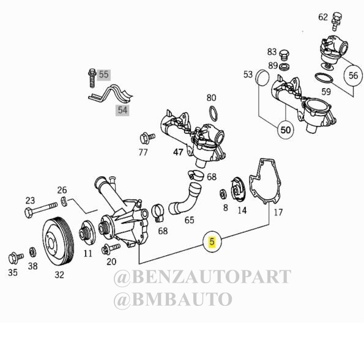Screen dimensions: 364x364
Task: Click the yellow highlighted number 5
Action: [212, 242]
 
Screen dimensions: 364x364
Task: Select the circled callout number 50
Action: [286, 130]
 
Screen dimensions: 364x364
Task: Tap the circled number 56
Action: [353, 75]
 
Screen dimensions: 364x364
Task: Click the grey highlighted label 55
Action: [104, 75]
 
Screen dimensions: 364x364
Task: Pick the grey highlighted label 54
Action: [122, 110]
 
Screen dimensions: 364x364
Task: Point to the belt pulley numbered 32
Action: [58, 241]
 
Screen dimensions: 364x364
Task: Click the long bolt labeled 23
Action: [40, 210]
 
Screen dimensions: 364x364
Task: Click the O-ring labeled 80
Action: [214, 114]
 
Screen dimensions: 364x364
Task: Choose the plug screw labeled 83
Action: [284, 55]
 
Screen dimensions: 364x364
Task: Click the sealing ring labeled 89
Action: [284, 67]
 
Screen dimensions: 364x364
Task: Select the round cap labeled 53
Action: [262, 78]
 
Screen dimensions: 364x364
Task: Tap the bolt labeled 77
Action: [147, 138]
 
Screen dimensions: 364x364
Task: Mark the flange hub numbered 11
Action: [87, 233]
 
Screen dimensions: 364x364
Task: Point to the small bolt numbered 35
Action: [16, 258]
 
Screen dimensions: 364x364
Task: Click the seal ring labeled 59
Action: [324, 78]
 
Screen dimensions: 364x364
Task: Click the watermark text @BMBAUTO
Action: [173, 300]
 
